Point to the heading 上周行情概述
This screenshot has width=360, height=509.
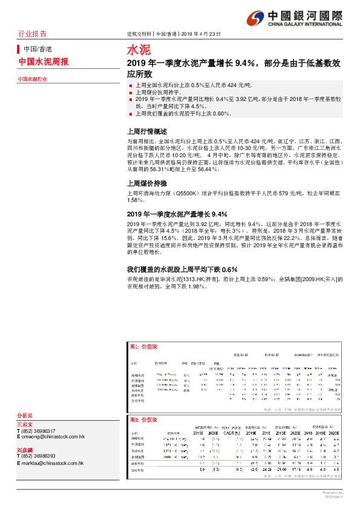pyautogui.click(x=146, y=131)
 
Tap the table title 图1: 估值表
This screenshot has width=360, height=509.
pyautogui.click(x=143, y=346)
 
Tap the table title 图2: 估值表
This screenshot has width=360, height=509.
pyautogui.click(x=143, y=419)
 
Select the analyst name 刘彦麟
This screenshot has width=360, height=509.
pyautogui.click(x=25, y=450)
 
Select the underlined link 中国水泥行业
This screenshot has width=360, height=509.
pyautogui.click(x=32, y=79)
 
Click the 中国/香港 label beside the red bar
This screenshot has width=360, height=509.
pyautogui.click(x=38, y=48)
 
